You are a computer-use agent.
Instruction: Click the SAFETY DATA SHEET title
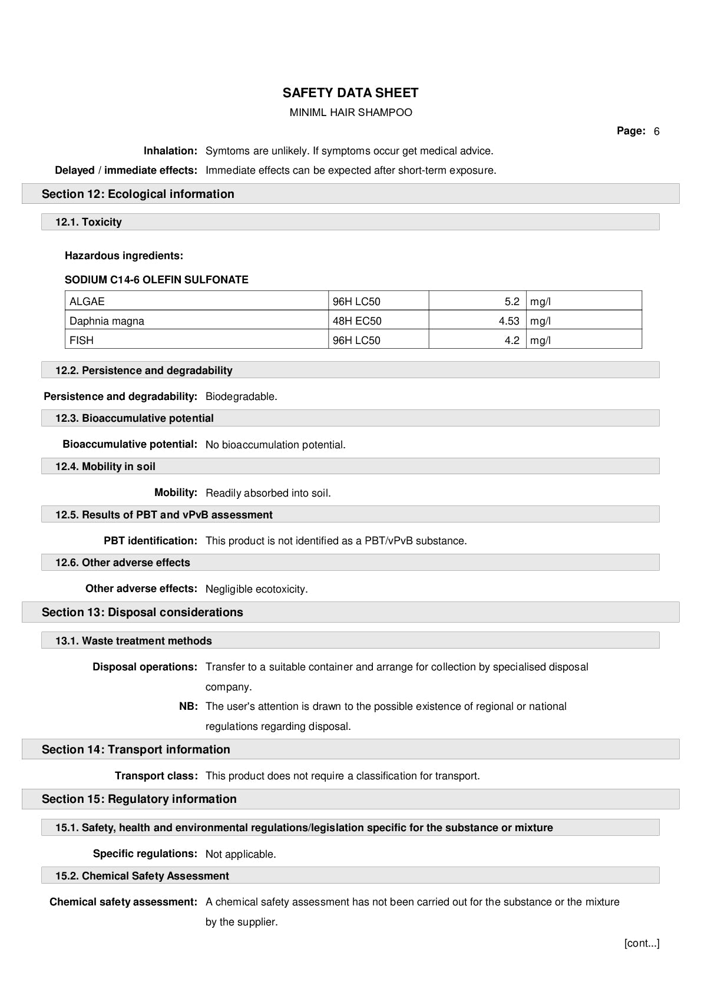pyautogui.click(x=350, y=93)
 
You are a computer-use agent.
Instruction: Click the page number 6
pyautogui.click(x=656, y=131)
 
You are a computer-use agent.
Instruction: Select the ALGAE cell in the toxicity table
pyautogui.click(x=87, y=302)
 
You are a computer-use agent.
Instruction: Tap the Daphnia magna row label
pyautogui.click(x=107, y=321)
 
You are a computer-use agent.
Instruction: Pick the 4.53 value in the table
pyautogui.click(x=508, y=321)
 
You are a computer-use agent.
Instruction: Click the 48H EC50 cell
pyautogui.click(x=357, y=321)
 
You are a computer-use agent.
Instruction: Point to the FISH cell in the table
pyautogui.click(x=81, y=340)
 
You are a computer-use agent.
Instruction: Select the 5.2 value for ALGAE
pyautogui.click(x=512, y=302)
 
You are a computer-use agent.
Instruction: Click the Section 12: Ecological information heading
pyautogui.click(x=138, y=194)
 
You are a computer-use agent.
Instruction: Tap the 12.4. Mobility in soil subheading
pyautogui.click(x=105, y=467)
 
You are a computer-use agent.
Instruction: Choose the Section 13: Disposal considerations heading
pyautogui.click(x=142, y=612)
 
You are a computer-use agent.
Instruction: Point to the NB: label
pyautogui.click(x=188, y=706)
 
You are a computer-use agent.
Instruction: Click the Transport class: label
pyautogui.click(x=156, y=776)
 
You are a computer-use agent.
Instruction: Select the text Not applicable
pyautogui.click(x=240, y=854)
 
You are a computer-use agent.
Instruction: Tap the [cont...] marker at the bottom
pyautogui.click(x=642, y=943)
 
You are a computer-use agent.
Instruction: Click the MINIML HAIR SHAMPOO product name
pyautogui.click(x=350, y=113)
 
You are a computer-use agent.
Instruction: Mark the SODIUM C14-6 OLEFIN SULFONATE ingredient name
pyautogui.click(x=157, y=280)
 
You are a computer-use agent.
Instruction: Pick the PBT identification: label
pyautogui.click(x=150, y=541)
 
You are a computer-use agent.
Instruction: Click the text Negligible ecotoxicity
pyautogui.click(x=256, y=589)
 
